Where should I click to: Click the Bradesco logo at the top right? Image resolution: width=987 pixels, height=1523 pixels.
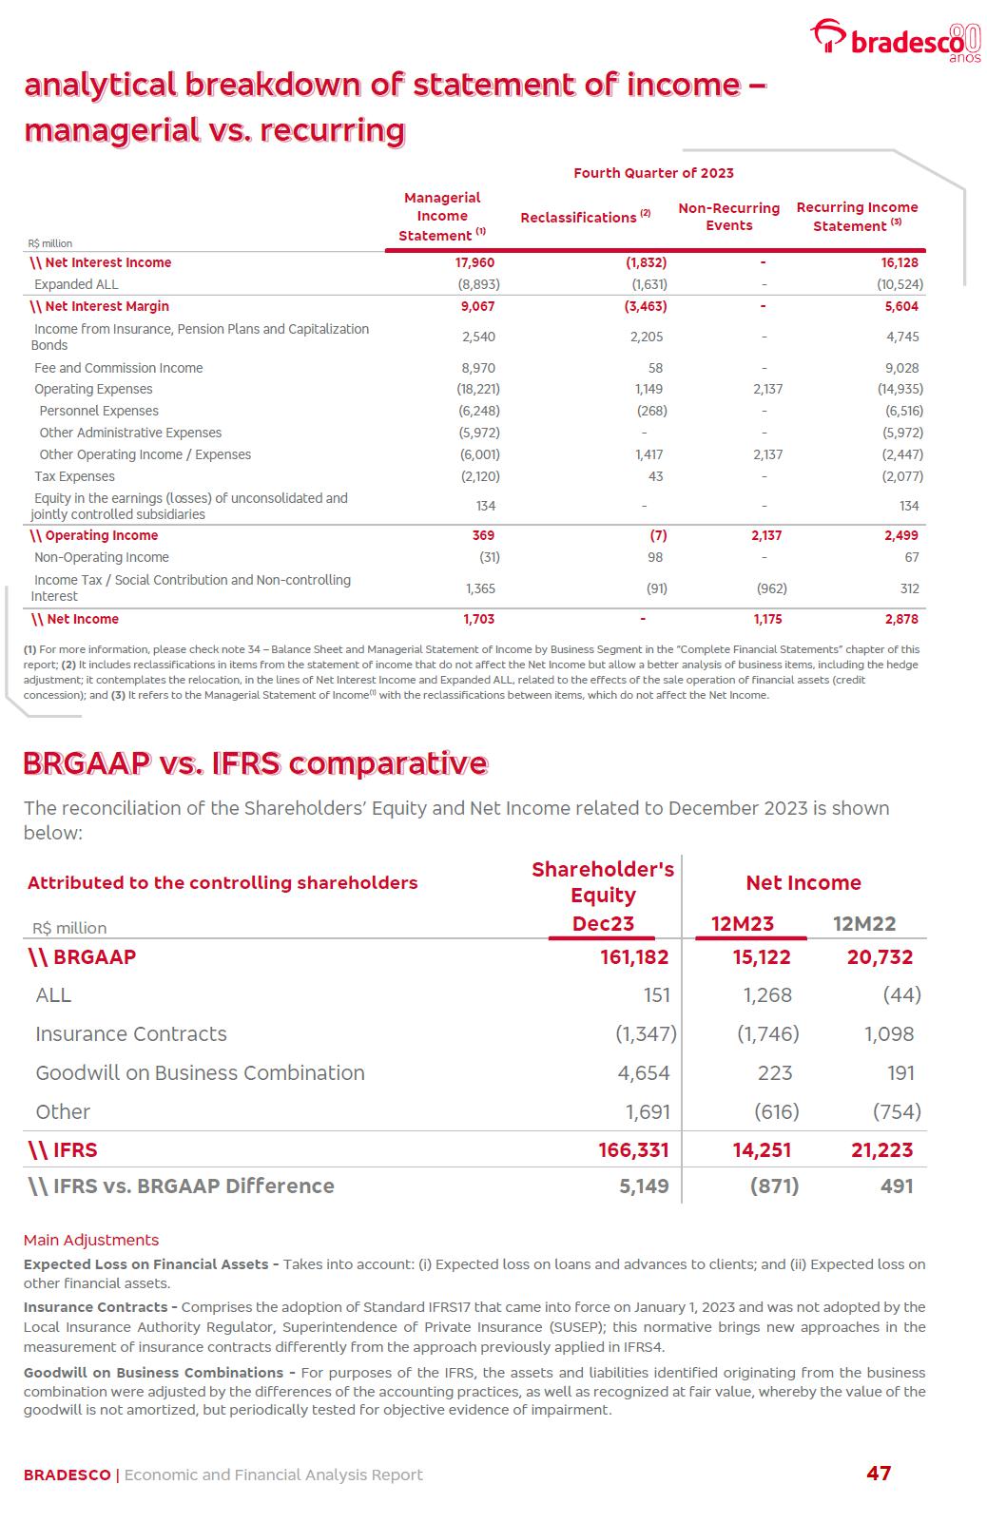coord(894,40)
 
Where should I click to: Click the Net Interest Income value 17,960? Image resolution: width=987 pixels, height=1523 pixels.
coord(475,262)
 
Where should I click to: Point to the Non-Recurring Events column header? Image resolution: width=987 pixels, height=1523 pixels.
coord(728,217)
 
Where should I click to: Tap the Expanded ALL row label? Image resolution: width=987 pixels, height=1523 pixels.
coord(76,284)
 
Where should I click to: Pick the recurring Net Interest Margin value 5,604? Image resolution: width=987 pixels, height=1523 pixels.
coord(901,306)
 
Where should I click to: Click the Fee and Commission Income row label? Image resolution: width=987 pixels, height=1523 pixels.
coord(118,368)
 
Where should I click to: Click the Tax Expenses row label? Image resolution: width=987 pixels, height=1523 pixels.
coord(74,476)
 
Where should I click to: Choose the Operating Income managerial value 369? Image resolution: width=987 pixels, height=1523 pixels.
coord(483,535)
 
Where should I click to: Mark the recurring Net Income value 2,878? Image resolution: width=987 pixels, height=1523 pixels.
coord(901,619)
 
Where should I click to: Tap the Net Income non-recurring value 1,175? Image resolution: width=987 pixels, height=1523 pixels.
coord(767,619)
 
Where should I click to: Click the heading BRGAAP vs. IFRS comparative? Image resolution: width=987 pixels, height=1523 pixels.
coord(255,763)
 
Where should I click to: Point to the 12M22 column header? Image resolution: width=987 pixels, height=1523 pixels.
coord(864,924)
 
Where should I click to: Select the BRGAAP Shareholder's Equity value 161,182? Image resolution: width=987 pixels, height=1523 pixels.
coord(634,957)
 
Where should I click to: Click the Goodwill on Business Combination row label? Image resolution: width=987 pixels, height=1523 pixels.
coord(200,1072)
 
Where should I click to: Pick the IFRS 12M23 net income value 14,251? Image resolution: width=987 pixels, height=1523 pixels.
coord(762,1150)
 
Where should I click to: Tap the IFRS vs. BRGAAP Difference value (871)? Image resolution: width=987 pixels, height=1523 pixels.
coord(774,1186)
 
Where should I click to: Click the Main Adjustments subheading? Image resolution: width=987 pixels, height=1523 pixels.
coord(91,1240)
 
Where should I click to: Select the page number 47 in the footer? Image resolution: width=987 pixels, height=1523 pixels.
coord(879,1474)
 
